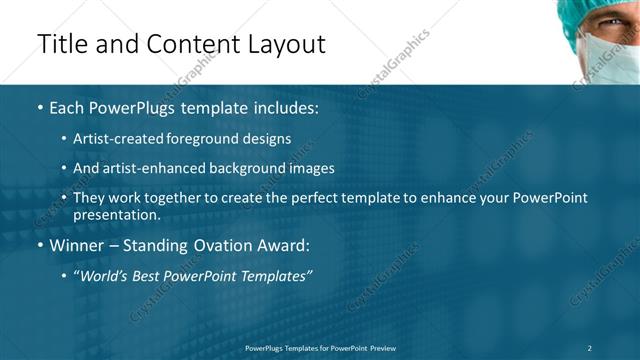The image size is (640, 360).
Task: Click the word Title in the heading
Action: coord(62,44)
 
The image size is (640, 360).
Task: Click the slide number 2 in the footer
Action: coord(590,347)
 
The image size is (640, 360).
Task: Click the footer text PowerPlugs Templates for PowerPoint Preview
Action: coord(320,347)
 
